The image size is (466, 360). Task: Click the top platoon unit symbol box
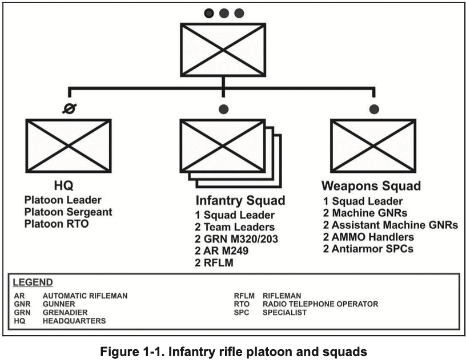tap(223, 48)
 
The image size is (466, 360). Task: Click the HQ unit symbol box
tap(69, 145)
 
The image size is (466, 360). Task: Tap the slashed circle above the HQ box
tap(69, 108)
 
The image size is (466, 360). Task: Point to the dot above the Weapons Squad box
tap(374, 108)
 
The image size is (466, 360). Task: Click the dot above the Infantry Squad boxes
tap(223, 108)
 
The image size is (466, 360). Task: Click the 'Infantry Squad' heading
tap(240, 201)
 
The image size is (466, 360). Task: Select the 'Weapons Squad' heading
tap(371, 187)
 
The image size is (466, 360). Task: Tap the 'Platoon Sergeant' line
tap(69, 212)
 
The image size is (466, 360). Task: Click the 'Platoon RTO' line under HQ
tap(57, 224)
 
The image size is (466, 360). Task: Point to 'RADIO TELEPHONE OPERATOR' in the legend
tap(320, 304)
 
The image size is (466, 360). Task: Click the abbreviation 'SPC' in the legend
tap(241, 313)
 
